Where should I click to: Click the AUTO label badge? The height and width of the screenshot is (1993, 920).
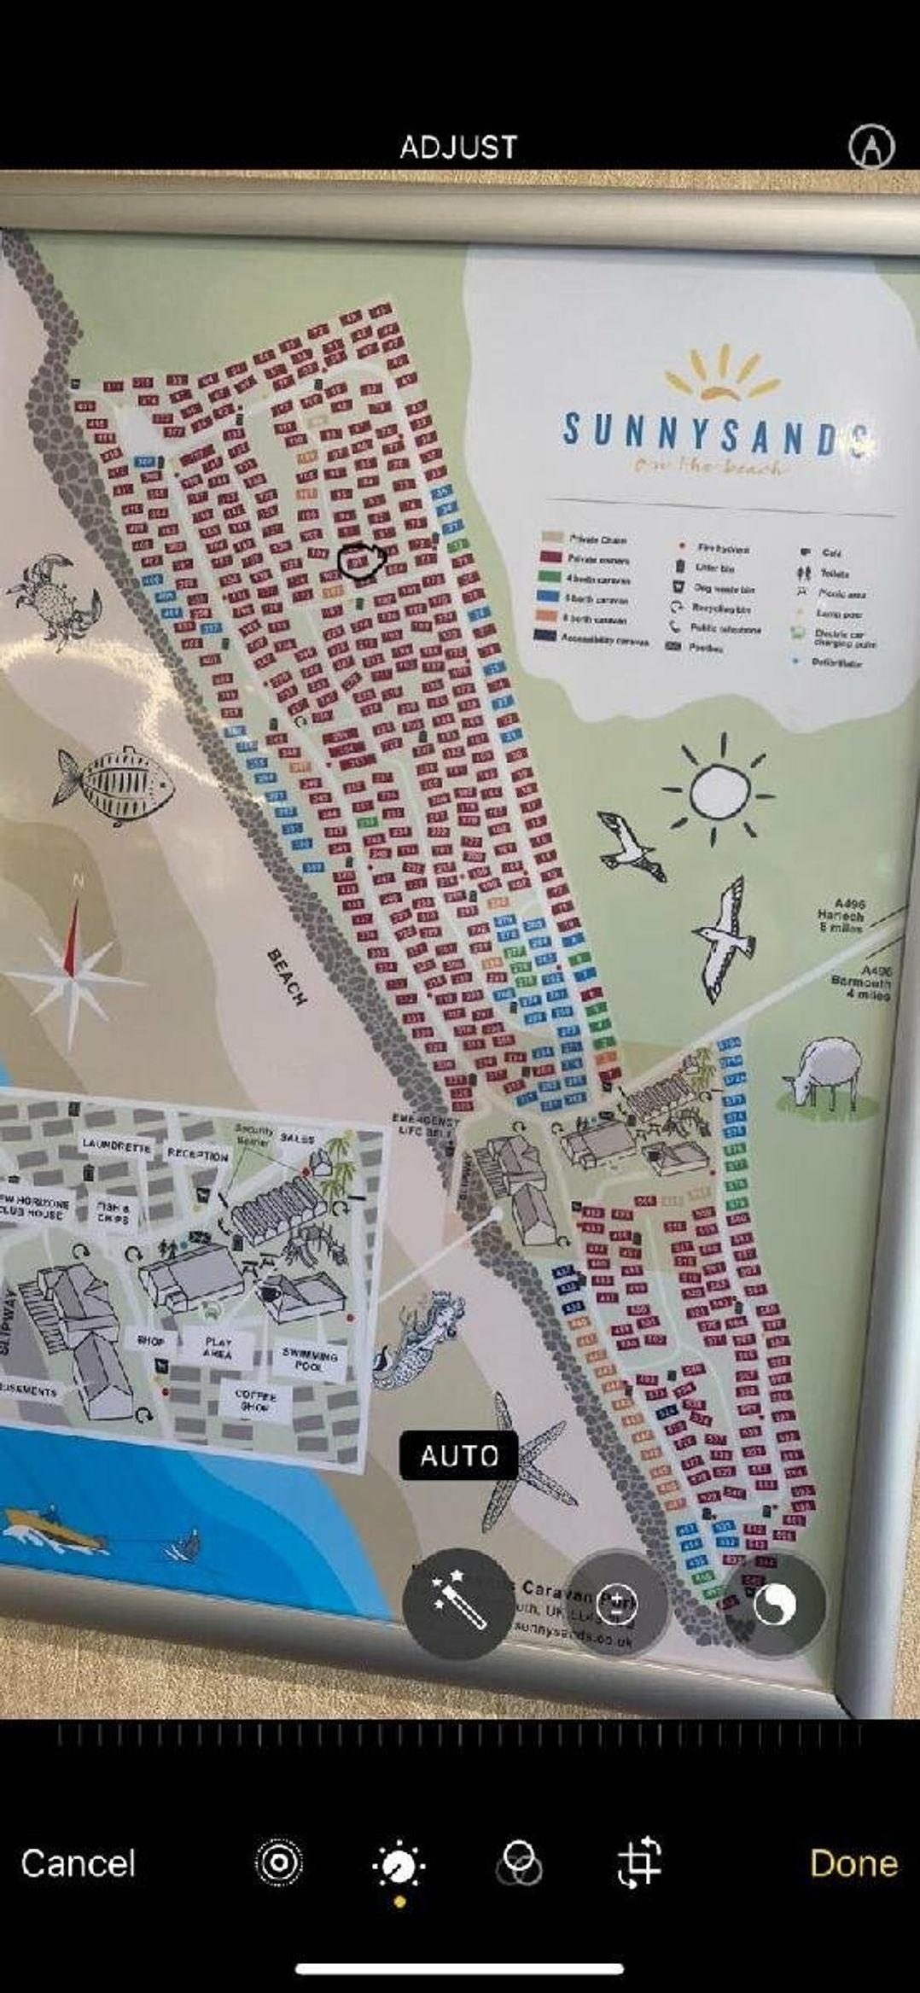click(x=458, y=1455)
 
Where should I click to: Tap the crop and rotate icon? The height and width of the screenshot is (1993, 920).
click(x=639, y=1862)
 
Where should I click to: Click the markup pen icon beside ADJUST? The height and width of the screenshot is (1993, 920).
click(x=871, y=147)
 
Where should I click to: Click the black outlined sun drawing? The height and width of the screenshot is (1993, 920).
click(x=718, y=791)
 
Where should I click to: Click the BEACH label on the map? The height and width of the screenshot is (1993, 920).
click(x=288, y=976)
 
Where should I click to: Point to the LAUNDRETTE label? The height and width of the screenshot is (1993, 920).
click(x=117, y=1144)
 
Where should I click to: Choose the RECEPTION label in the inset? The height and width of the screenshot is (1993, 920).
click(x=198, y=1155)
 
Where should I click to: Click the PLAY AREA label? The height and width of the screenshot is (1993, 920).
click(x=218, y=1347)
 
